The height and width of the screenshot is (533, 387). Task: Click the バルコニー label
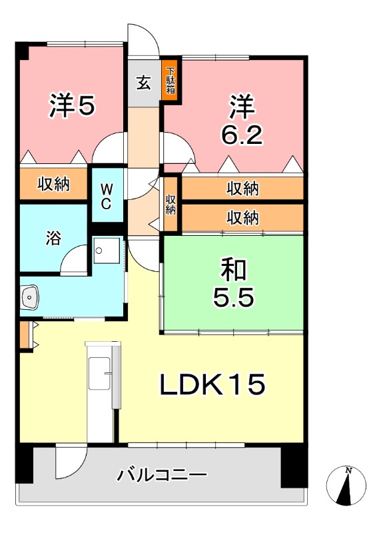(x=162, y=475)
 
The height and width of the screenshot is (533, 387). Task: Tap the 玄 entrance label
(x=144, y=83)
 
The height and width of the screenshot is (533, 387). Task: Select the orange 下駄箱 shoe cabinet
(x=171, y=80)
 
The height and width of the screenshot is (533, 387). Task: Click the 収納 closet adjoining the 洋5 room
(x=53, y=185)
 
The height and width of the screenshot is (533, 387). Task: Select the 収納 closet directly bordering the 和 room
(x=242, y=217)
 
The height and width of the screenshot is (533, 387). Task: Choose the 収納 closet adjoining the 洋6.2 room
(x=242, y=189)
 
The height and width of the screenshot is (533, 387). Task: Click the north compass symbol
(x=347, y=485)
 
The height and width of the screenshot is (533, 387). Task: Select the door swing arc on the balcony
(x=71, y=459)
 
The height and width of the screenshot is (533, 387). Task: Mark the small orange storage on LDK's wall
(x=25, y=336)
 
